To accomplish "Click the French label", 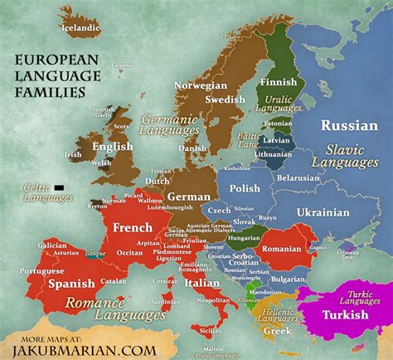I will [x=132, y=227].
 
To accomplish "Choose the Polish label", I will [x=245, y=188].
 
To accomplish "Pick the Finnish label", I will [x=278, y=83].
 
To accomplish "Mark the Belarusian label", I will [x=298, y=178].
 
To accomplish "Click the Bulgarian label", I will [x=286, y=280].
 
